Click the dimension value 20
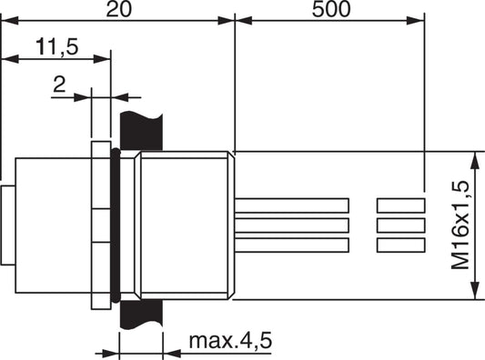(119, 9)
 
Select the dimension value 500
(331, 9)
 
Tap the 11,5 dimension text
(57, 46)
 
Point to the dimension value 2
(59, 85)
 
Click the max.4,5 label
(230, 341)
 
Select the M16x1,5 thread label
(460, 225)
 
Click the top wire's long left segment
(292, 205)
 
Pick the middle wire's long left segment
(292, 225)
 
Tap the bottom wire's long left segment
(292, 245)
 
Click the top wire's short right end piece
(401, 205)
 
